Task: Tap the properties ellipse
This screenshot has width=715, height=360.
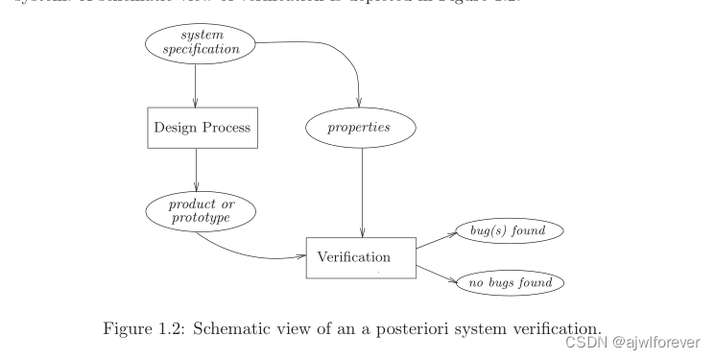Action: (x=360, y=126)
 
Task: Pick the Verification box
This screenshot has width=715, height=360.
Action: (x=361, y=256)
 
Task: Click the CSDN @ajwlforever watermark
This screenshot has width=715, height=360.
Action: (x=632, y=339)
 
